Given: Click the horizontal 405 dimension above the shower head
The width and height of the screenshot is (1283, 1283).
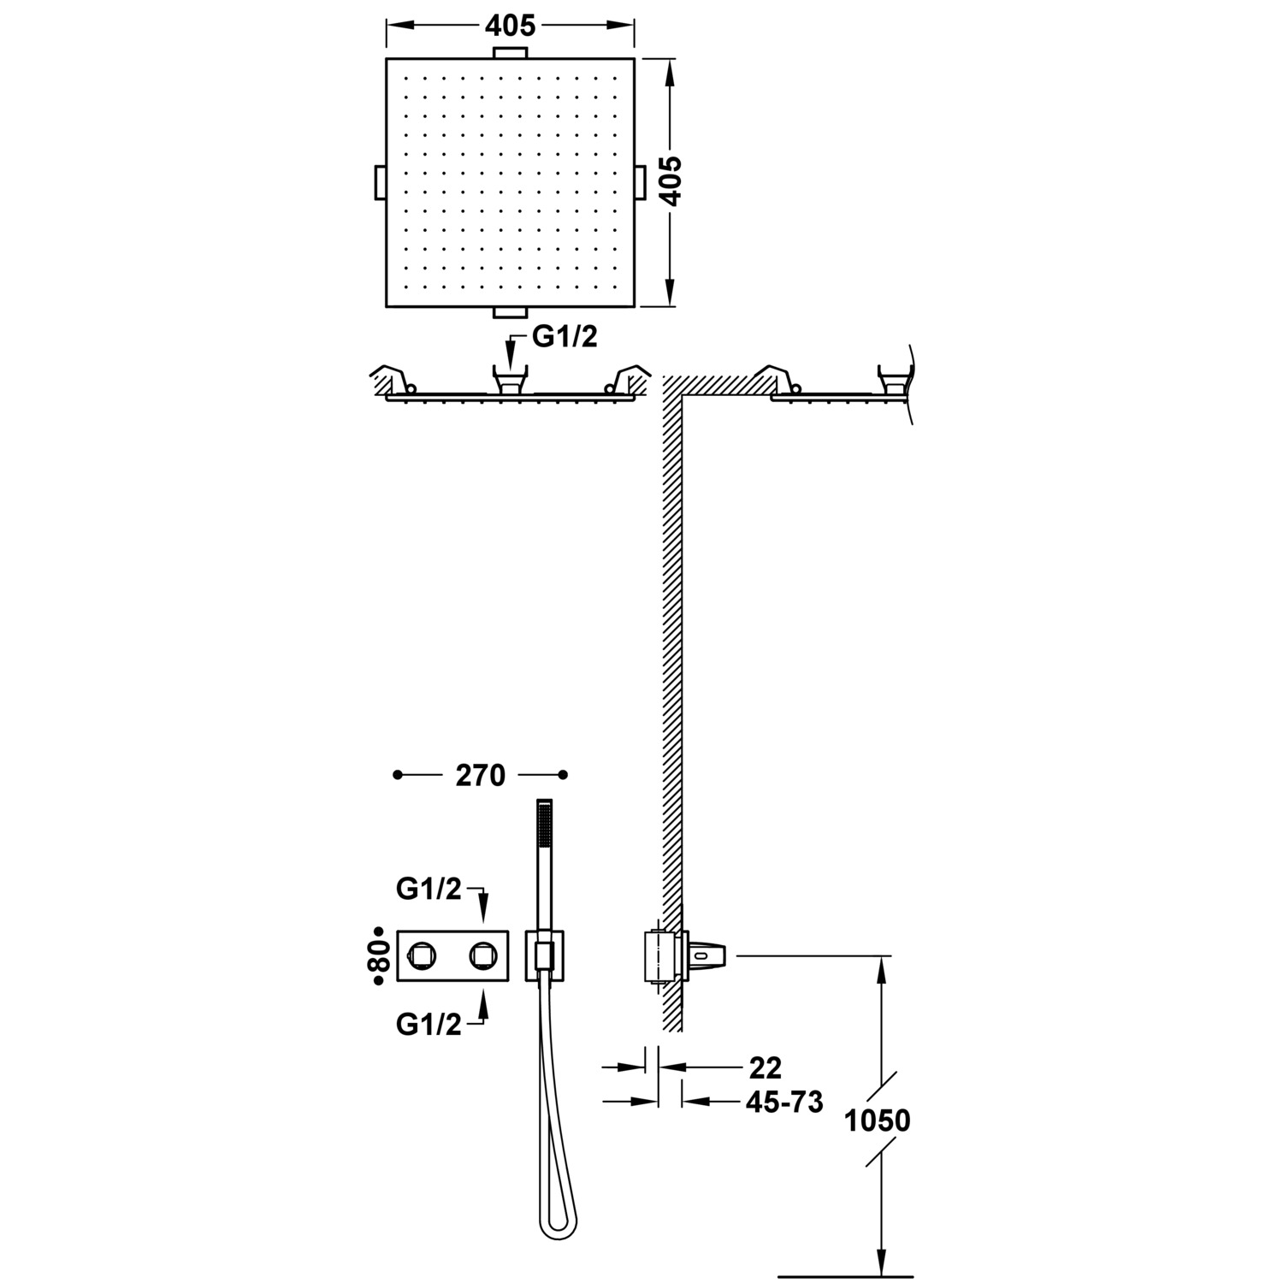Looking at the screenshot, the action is point(510,26).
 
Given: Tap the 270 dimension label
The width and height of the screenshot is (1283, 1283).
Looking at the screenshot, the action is point(480,775).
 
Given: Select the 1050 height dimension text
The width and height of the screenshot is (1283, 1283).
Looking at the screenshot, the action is point(878,1120).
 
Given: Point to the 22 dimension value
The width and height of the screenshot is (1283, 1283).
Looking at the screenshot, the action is point(765,1067).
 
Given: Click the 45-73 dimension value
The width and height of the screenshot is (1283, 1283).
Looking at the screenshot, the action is point(784,1102).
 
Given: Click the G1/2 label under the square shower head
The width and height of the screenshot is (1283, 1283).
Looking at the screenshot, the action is point(565,337).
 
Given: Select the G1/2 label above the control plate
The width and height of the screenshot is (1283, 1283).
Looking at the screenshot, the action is point(429,890).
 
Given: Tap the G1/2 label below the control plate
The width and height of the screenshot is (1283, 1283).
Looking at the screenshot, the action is point(429,1024).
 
